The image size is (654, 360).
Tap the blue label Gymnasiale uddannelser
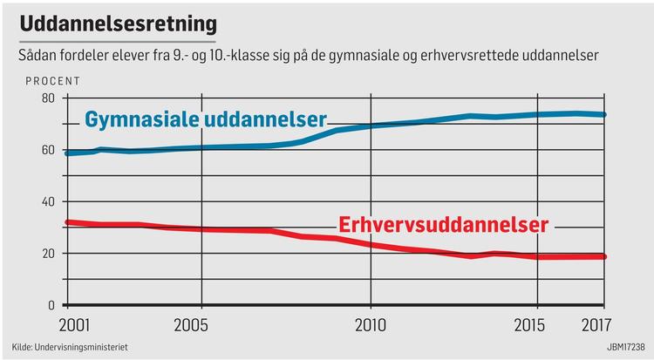205,119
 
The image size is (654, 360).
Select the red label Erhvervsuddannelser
443,225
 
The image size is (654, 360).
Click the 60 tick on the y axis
48,151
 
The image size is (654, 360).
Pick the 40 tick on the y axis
48,202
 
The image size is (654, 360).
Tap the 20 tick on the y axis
48,254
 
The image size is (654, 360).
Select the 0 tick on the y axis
51,305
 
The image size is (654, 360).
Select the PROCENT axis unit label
52,82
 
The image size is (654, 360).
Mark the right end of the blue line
604,114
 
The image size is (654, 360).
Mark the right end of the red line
604,256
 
